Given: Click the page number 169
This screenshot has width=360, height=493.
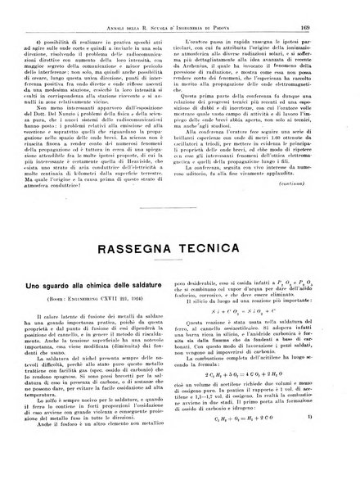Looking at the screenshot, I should click(x=326, y=8).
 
